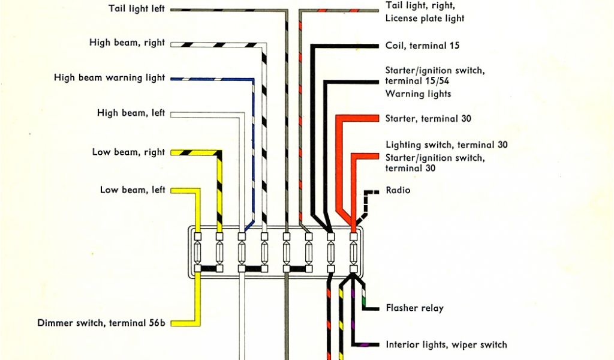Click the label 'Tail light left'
pyautogui.click(x=137, y=9)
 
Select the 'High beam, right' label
pyautogui.click(x=127, y=43)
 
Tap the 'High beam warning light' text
pyautogui.click(x=109, y=77)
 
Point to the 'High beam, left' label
pyautogui.click(x=131, y=112)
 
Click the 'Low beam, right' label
pyautogui.click(x=128, y=152)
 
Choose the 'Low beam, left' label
pyautogui.click(x=133, y=190)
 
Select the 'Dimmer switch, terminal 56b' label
pyautogui.click(x=101, y=323)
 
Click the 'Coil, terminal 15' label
pyautogui.click(x=422, y=46)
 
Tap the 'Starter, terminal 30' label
pyautogui.click(x=428, y=118)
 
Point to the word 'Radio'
pyautogui.click(x=398, y=190)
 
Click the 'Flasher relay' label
pyautogui.click(x=415, y=308)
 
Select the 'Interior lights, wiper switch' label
pyautogui.click(x=446, y=344)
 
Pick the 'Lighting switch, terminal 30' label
pyautogui.click(x=447, y=145)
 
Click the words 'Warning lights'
pyautogui.click(x=418, y=94)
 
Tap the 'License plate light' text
pyautogui.click(x=425, y=18)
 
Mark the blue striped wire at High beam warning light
pyautogui.click(x=210, y=79)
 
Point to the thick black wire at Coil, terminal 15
pyautogui.click(x=348, y=46)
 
